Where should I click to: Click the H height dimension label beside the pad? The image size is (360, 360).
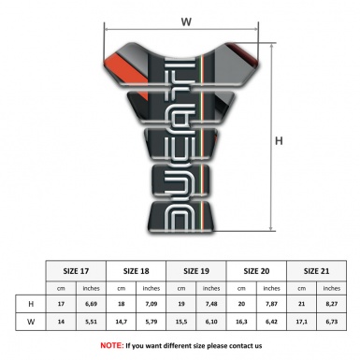[x=278, y=141]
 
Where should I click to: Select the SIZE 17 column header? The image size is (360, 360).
[x=77, y=268]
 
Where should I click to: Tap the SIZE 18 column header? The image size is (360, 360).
[x=137, y=268]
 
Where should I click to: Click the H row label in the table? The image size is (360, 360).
[x=32, y=305]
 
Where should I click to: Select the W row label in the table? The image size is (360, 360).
[x=32, y=323]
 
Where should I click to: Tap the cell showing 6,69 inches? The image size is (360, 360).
[x=92, y=305]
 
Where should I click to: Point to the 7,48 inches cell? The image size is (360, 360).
[x=211, y=305]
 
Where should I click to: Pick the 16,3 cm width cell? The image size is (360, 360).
[x=241, y=323]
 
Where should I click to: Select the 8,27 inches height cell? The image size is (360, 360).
[x=331, y=305]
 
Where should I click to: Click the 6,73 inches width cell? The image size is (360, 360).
[x=331, y=323]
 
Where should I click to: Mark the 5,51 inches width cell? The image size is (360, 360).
[x=92, y=323]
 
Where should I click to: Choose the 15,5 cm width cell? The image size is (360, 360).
[x=181, y=323]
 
